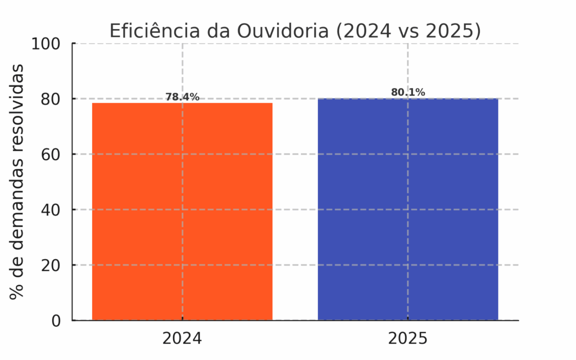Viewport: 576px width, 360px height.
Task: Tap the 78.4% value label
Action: pos(182,97)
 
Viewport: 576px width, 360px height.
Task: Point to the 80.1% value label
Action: pos(408,92)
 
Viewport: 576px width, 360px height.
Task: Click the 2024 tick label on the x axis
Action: pos(182,339)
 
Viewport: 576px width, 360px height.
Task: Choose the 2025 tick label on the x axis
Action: pos(408,339)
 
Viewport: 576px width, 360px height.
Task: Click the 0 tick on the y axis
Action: pos(56,321)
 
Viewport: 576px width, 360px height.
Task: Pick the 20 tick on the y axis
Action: pos(51,265)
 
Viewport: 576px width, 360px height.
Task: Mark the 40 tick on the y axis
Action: pos(51,210)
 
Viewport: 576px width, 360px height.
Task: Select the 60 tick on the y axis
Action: pos(51,154)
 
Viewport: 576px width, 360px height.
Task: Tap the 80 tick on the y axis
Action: pos(51,99)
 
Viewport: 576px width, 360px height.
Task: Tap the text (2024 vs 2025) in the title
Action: pos(409,31)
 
